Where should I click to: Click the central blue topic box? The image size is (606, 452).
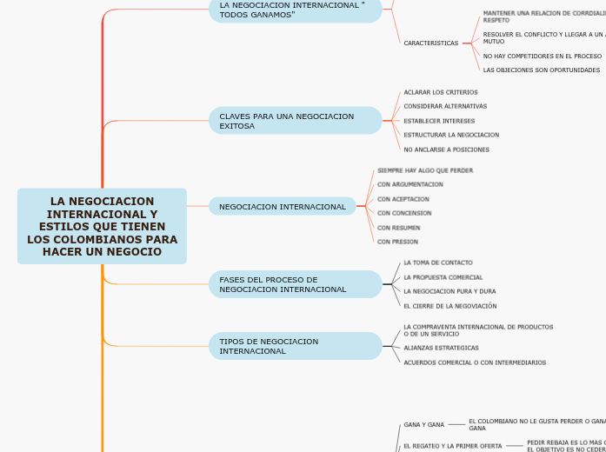(102, 226)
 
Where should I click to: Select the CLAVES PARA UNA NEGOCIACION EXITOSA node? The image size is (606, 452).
(295, 121)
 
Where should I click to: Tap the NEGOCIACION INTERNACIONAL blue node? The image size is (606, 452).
(283, 207)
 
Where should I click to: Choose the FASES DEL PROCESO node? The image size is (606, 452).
(295, 284)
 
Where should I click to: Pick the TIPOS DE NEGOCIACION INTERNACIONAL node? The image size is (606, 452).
(295, 346)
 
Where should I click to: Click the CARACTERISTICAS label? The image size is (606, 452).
(430, 43)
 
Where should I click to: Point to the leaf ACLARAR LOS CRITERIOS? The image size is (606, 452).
(440, 92)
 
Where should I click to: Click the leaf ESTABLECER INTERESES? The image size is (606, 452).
(439, 121)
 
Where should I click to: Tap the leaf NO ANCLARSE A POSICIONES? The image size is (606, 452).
(446, 150)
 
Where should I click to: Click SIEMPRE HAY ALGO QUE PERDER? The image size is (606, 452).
(425, 170)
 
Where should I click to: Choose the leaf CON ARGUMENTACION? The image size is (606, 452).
(410, 184)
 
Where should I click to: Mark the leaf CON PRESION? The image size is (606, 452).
(398, 242)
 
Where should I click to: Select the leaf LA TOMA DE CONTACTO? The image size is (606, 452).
(438, 263)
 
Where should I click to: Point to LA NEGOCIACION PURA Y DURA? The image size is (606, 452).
(450, 291)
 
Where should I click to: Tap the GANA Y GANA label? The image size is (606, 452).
(423, 425)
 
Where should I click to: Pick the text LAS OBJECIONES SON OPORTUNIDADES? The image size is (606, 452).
(541, 70)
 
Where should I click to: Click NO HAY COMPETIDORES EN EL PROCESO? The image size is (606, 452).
(542, 56)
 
